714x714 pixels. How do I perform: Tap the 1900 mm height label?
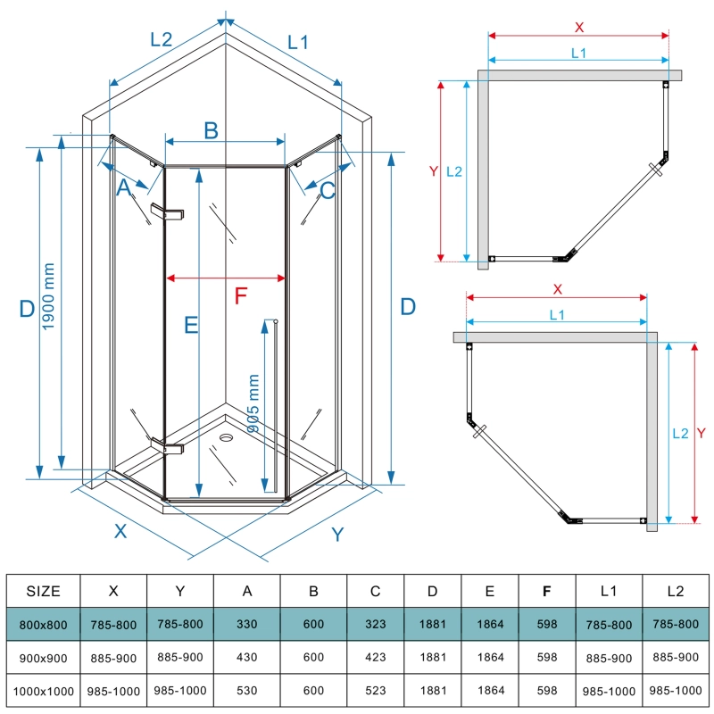pos(49,304)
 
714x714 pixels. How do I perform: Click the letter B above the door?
pos(211,130)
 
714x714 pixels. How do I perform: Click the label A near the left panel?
pos(124,187)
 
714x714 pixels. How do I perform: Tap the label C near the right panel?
pos(328,189)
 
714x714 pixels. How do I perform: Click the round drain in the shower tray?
pos(225,438)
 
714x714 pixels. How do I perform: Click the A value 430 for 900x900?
pos(246,658)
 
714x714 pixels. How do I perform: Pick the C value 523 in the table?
pos(375,691)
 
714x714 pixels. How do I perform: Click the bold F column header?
pos(545,591)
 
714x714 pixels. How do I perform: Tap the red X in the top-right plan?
pos(578,26)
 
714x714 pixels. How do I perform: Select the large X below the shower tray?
pos(120,530)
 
